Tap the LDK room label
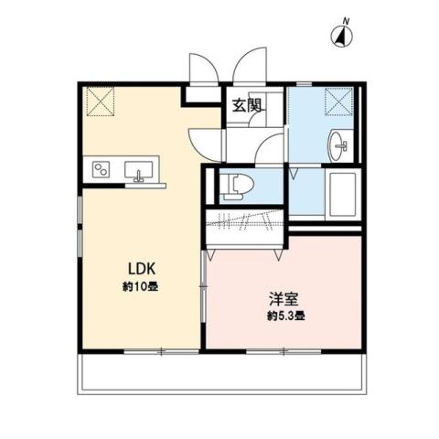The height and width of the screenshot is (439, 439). tap(139, 269)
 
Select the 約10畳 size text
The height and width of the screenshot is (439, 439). tap(140, 285)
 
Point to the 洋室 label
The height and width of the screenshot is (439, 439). tap(282, 299)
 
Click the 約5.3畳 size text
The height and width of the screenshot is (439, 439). tap(285, 316)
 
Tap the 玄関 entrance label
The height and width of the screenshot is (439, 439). tap(246, 105)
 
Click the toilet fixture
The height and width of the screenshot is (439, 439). tap(239, 185)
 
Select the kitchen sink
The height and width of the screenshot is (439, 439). tap(140, 170)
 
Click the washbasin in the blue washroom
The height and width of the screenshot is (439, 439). tap(339, 144)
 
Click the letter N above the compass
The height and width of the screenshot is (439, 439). tap(346, 20)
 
